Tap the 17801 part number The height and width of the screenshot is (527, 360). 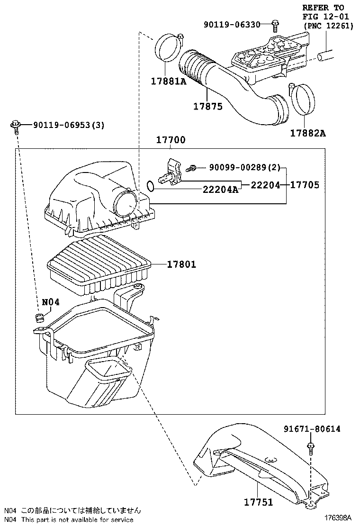tap(181, 264)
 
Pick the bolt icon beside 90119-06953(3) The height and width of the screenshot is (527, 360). tap(15, 126)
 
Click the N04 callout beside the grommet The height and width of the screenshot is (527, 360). tap(51, 301)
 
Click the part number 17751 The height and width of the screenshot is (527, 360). tap(259, 502)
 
